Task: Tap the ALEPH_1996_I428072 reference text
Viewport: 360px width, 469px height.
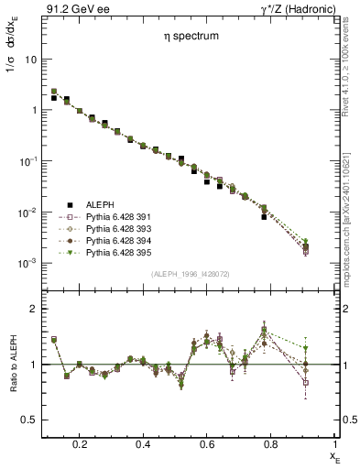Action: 191,275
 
